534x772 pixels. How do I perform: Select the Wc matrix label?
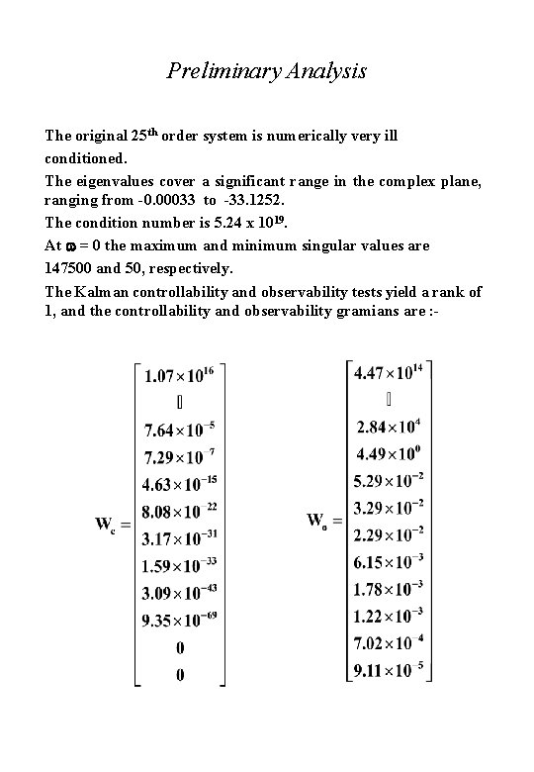coord(106,526)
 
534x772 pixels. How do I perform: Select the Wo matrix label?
coord(317,521)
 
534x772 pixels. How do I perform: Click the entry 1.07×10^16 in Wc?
coord(180,376)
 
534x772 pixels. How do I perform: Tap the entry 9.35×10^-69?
coord(179,621)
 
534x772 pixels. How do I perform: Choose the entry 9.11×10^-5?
coord(388,672)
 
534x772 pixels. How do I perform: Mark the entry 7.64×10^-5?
coord(179,432)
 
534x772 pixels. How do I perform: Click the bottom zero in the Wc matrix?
coord(179,675)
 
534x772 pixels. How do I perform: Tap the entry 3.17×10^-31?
coord(179,539)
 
